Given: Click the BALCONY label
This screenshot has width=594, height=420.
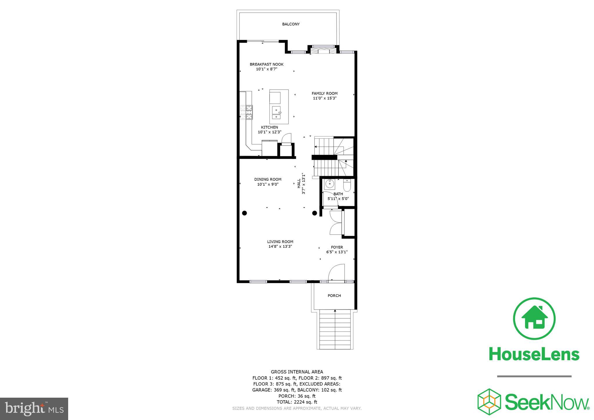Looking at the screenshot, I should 291,24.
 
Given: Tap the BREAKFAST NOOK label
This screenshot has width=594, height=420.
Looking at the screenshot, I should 267,64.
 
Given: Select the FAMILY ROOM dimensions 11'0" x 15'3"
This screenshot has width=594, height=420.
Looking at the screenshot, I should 325,98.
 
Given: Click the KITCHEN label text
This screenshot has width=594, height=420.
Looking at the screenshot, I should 269,127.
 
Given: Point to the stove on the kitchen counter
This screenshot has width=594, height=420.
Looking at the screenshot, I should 246,112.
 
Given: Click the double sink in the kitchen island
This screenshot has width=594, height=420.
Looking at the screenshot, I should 276,113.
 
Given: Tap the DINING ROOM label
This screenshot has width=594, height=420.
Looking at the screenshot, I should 268,179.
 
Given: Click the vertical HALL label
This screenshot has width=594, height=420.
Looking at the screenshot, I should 299,183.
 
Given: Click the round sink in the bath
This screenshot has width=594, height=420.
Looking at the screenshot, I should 329,184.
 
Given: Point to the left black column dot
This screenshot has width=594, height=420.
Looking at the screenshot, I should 245,213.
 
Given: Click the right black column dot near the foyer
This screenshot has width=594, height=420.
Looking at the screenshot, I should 314,213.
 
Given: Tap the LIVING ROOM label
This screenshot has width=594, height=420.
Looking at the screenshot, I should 280,242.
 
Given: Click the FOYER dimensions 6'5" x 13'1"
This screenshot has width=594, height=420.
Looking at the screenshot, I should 337,252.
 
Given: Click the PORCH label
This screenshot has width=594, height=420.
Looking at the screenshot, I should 334,296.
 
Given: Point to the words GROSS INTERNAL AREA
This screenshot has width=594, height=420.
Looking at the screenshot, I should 297,372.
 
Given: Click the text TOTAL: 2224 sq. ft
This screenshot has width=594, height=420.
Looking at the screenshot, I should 297,402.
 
